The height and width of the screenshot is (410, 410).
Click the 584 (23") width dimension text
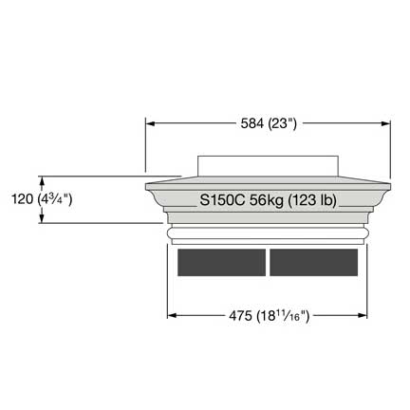point(269,123)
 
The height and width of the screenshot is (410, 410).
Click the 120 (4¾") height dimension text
point(42,199)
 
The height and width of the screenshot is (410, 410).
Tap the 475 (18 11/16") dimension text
point(269,316)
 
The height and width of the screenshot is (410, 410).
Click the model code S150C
point(222,200)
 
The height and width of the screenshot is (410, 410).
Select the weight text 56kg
point(267,200)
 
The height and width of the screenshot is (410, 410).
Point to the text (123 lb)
point(312,200)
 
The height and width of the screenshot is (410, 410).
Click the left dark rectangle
point(221,262)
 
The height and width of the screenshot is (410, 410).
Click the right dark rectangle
point(314,262)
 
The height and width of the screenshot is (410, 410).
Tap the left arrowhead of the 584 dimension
point(150,123)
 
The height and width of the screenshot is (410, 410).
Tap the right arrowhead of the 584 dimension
point(386,123)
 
